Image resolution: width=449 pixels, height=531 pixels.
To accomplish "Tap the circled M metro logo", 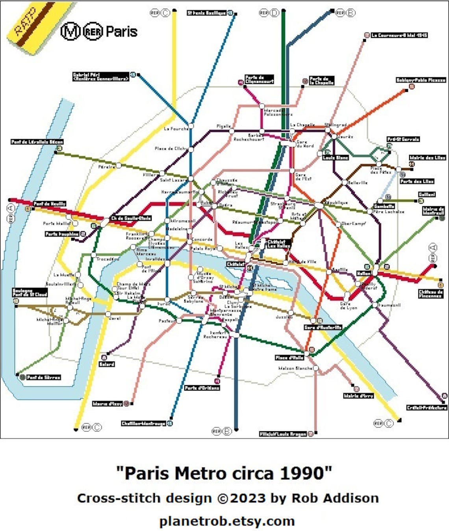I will (71, 32).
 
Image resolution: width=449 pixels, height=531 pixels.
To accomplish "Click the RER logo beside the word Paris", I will (93, 32).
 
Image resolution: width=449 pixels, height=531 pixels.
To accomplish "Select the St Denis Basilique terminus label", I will (206, 13).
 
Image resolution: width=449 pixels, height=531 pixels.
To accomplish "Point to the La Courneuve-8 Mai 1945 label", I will (399, 35).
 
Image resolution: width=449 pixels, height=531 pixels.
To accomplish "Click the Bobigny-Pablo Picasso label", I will (421, 80).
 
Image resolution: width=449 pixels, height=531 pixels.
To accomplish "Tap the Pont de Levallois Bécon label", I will (37, 142).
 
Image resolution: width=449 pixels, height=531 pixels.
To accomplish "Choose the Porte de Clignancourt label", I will (259, 79).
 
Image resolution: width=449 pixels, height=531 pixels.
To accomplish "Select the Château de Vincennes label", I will (430, 294).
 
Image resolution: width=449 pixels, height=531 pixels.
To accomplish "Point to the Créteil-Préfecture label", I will (427, 408).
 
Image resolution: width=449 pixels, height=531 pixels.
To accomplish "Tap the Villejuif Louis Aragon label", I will (283, 434).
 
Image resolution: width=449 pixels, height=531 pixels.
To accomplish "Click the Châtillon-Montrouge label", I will (143, 423).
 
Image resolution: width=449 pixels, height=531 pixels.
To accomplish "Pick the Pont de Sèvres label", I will (43, 377).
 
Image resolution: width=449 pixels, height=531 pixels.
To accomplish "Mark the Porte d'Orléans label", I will (202, 388).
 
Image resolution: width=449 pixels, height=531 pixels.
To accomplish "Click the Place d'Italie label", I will (289, 358).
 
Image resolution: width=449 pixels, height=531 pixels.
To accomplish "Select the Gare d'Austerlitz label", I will (323, 327).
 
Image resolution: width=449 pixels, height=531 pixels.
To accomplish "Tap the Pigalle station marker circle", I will (232, 131).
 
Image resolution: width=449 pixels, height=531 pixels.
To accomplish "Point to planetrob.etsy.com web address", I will (227, 521).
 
